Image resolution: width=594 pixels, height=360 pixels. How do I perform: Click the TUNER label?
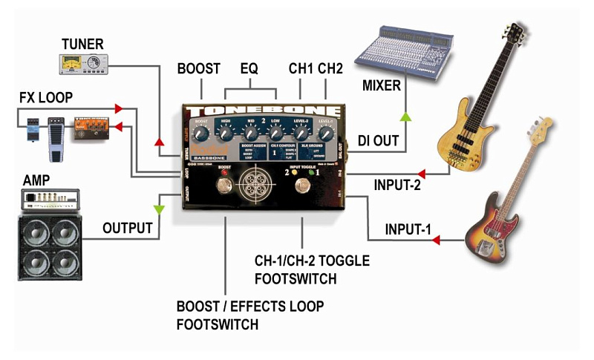[82, 44]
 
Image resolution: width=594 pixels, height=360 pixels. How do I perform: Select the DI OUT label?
[379, 140]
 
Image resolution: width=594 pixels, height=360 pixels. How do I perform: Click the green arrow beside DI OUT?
[405, 117]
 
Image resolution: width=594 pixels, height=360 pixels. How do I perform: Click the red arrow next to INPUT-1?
[436, 240]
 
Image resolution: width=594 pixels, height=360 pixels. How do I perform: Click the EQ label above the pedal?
[249, 69]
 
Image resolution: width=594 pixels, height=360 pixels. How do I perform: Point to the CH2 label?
[329, 69]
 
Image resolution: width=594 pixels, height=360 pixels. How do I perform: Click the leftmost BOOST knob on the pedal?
[201, 134]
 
